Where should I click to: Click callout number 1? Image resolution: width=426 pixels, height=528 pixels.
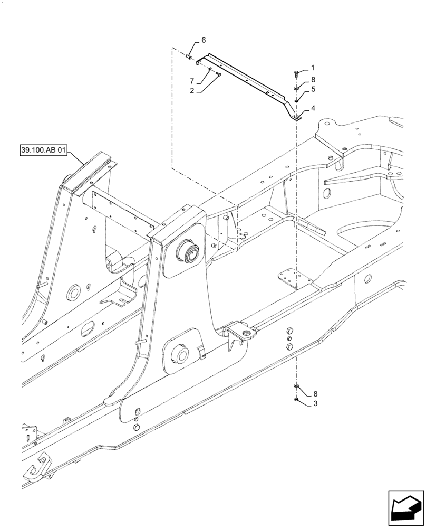click(312, 68)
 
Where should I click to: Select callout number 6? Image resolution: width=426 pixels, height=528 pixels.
click(204, 41)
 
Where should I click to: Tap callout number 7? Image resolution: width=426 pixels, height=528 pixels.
click(192, 81)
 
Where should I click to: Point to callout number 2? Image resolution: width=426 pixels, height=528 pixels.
click(192, 90)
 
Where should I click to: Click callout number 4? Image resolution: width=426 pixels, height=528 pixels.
click(313, 108)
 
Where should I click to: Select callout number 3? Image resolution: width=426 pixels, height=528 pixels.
click(315, 404)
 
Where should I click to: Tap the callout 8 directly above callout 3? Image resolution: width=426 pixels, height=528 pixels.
click(315, 394)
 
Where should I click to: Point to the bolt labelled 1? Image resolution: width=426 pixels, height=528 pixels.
click(297, 73)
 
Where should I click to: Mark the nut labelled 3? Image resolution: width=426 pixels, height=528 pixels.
click(297, 400)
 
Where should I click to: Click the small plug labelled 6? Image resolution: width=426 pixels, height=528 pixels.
click(188, 54)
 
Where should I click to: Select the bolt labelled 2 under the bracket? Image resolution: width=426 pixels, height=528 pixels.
click(217, 74)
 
